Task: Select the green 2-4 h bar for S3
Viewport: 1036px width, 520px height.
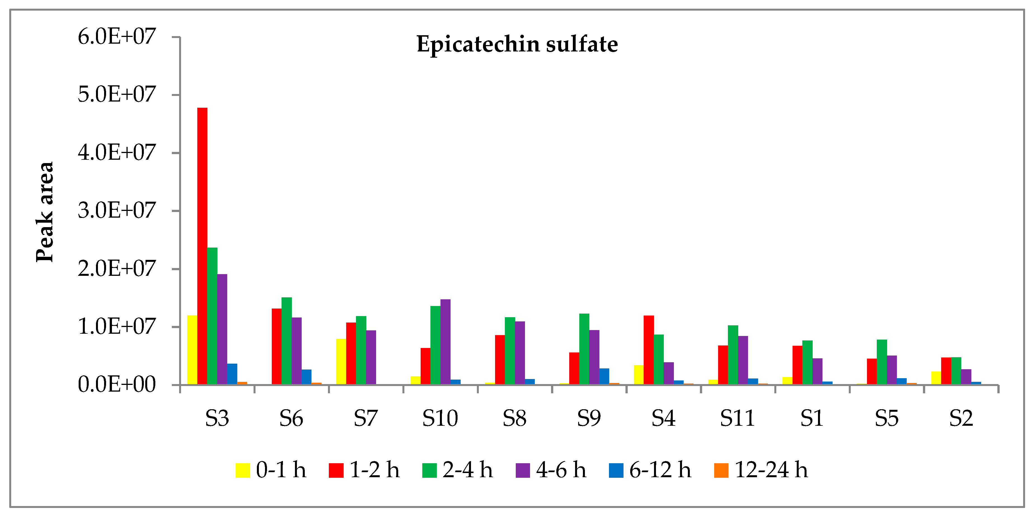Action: (212, 316)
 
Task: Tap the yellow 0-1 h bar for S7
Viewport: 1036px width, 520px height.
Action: (341, 361)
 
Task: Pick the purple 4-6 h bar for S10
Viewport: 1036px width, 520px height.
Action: (445, 342)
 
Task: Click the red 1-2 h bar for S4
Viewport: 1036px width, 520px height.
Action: (649, 350)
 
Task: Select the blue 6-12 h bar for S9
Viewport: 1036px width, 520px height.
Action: (604, 376)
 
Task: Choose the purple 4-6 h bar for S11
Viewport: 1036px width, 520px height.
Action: (743, 360)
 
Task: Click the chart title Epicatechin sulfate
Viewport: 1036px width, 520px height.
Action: (517, 44)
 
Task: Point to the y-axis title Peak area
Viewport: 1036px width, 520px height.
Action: (45, 212)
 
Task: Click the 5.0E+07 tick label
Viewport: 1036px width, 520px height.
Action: (116, 95)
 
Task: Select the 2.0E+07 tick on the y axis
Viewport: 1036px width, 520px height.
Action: (116, 269)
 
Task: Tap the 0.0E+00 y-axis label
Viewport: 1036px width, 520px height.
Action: (116, 385)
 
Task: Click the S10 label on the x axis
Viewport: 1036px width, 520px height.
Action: (440, 418)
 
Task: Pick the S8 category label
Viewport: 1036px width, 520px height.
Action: (514, 418)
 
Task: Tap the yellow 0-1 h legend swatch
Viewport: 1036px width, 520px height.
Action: (243, 470)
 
